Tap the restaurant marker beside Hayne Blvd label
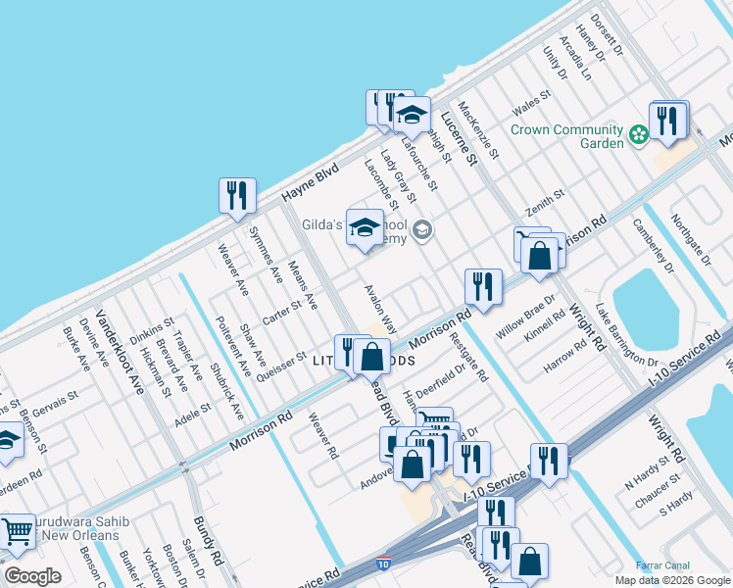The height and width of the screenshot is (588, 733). [237, 196]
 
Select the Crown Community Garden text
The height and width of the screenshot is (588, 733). [567, 136]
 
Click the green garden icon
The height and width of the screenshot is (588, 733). [639, 132]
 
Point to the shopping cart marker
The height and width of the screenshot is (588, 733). [17, 532]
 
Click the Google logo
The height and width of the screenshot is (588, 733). [32, 576]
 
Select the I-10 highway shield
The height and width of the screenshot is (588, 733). [382, 565]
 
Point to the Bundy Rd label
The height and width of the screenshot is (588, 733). [209, 544]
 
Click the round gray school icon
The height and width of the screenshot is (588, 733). [422, 231]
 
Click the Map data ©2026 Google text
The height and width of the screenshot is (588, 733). [671, 579]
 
